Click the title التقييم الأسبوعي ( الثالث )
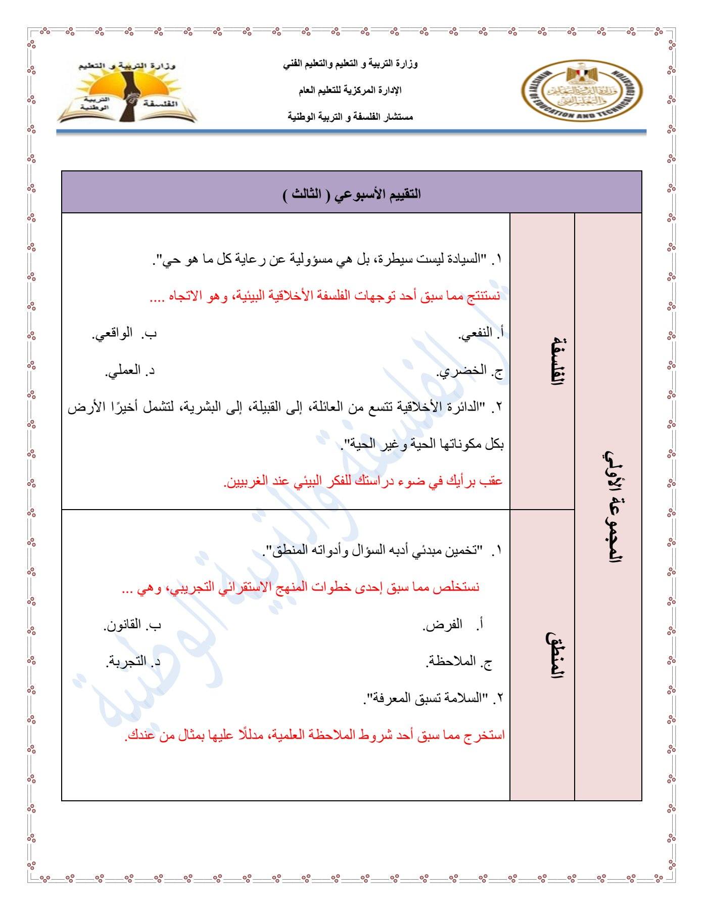(352, 194)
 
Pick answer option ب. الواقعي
(124, 334)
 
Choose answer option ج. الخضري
(471, 372)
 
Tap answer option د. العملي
(130, 372)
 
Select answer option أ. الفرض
(453, 625)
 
